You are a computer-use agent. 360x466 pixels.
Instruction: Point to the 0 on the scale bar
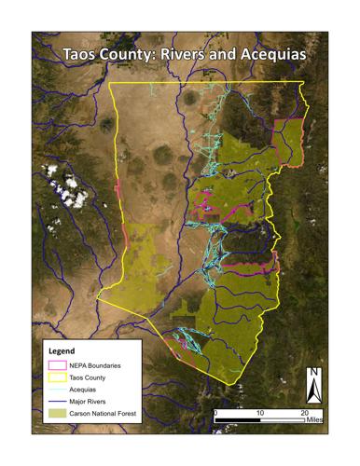click(x=215, y=411)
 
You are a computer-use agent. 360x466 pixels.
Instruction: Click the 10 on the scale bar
click(x=259, y=411)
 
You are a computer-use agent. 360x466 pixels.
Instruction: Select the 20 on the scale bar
click(x=303, y=411)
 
